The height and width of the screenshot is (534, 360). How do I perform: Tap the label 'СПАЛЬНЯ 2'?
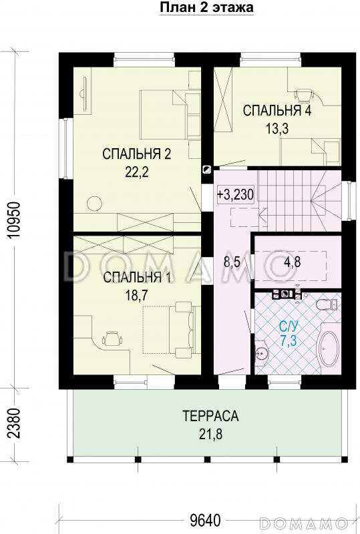point(137,155)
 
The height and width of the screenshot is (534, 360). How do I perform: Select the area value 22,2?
point(136,172)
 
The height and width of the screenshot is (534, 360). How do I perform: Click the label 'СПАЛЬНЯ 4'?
point(277,111)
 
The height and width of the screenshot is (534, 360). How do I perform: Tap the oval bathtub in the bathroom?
point(327,346)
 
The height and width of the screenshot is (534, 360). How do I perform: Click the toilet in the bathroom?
point(325,305)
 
